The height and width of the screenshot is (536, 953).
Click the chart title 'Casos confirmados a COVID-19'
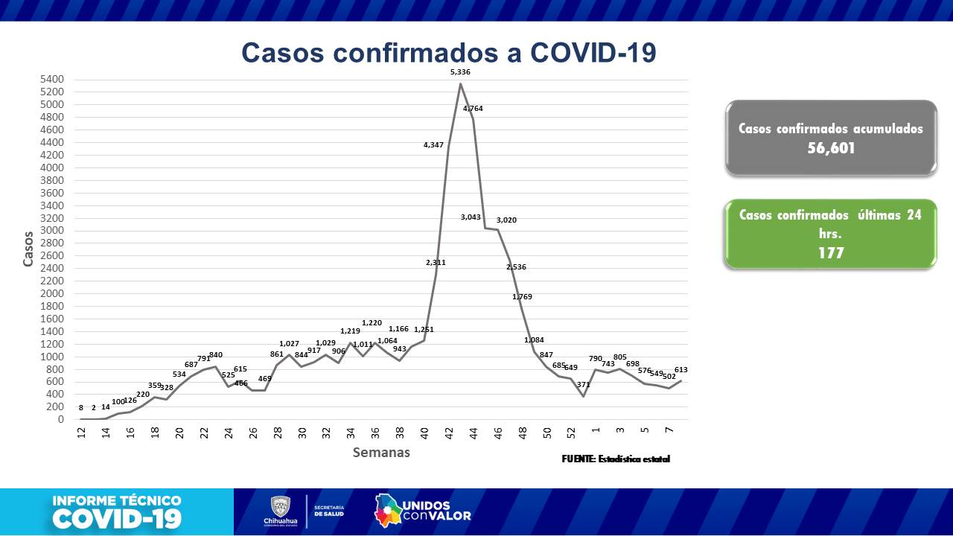[448, 54]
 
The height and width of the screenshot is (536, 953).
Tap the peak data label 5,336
[460, 71]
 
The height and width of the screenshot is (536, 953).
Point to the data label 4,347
[433, 145]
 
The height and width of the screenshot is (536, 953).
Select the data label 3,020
[506, 220]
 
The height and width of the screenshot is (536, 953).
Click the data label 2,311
[436, 262]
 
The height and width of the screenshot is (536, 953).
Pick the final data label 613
[681, 370]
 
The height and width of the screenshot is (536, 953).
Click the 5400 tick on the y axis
[53, 80]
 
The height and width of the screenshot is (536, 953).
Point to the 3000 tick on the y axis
[53, 231]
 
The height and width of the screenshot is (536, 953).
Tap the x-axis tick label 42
[448, 433]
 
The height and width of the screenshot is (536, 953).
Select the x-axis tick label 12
[80, 433]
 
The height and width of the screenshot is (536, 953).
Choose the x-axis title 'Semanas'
[380, 452]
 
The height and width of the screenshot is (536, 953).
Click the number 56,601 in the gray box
[830, 148]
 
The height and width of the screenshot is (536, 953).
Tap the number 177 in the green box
[830, 253]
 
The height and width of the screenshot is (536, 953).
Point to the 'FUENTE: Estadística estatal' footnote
[615, 459]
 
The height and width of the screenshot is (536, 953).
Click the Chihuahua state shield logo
[280, 507]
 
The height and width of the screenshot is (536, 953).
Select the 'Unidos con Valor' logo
[422, 510]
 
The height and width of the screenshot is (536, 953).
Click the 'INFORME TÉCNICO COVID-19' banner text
[117, 511]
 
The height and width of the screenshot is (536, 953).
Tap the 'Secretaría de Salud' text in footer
[328, 511]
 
